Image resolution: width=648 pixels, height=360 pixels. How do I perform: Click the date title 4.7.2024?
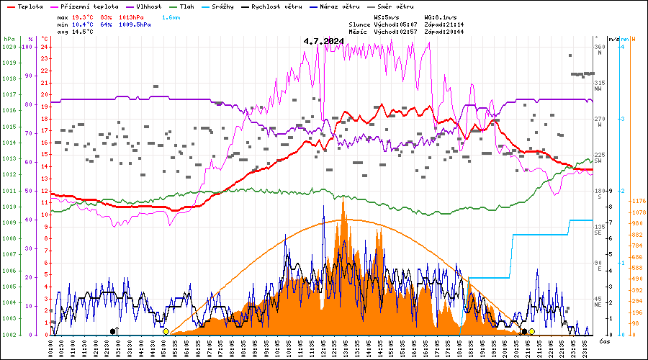click(323, 41)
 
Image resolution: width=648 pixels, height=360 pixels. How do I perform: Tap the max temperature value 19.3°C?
click(84, 17)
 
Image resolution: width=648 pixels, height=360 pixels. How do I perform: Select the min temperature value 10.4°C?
click(84, 24)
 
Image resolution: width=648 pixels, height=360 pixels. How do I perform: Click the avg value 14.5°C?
click(84, 32)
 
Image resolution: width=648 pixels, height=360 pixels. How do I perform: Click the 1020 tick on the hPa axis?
click(9, 47)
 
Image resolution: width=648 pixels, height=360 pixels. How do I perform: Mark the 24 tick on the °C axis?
click(45, 47)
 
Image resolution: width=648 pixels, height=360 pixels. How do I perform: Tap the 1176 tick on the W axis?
click(637, 201)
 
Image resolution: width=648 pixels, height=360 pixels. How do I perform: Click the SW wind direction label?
click(598, 161)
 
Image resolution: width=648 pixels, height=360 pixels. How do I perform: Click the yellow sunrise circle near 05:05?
click(166, 332)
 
